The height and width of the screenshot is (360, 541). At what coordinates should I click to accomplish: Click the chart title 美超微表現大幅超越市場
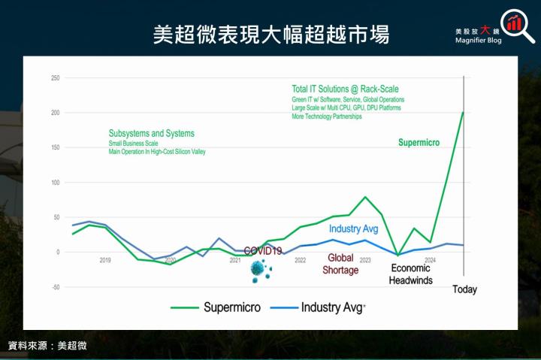click(270, 34)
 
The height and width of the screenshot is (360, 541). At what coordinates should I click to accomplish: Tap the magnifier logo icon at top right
click(512, 24)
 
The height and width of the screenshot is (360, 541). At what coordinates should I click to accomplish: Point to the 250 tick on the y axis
click(55, 78)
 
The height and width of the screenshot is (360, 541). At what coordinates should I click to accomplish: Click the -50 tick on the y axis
click(55, 287)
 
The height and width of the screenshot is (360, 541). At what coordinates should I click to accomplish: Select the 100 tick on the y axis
click(55, 183)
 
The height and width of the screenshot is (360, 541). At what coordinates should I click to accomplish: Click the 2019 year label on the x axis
click(105, 261)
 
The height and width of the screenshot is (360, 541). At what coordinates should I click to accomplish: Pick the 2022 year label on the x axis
click(300, 261)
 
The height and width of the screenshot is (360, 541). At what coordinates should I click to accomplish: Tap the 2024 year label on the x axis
click(430, 261)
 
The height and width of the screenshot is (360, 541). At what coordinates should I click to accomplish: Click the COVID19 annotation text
click(263, 251)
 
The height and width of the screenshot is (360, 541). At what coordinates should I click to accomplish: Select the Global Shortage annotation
click(340, 264)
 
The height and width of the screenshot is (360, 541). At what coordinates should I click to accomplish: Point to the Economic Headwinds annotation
click(410, 274)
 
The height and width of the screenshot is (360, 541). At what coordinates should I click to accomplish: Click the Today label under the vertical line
click(464, 289)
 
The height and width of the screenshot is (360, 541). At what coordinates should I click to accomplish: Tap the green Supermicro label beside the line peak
click(419, 142)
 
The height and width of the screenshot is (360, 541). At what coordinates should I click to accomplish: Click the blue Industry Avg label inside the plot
click(353, 228)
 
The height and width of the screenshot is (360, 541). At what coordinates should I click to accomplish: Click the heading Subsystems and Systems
click(151, 134)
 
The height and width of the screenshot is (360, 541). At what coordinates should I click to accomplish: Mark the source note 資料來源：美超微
click(47, 346)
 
